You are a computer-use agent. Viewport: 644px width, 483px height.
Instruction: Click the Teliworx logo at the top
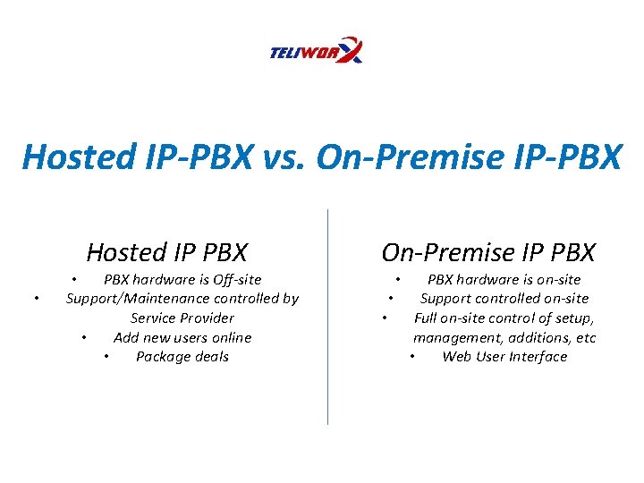pyautogui.click(x=316, y=51)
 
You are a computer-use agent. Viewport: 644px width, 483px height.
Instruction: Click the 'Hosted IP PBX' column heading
pyautogui.click(x=167, y=252)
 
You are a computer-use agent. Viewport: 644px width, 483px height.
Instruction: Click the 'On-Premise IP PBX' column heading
pyautogui.click(x=488, y=252)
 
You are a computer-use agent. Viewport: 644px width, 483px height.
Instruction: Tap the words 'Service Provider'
pyautogui.click(x=182, y=318)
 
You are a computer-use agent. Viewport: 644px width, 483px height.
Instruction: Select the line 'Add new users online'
pyautogui.click(x=182, y=337)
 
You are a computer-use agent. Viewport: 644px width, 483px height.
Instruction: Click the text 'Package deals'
pyautogui.click(x=182, y=357)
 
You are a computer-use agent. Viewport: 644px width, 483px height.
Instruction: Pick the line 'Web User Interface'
pyautogui.click(x=504, y=357)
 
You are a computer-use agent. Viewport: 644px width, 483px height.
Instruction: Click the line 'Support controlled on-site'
pyautogui.click(x=504, y=299)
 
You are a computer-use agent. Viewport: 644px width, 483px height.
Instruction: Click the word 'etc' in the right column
pyautogui.click(x=586, y=337)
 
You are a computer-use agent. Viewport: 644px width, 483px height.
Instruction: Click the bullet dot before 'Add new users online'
pyautogui.click(x=83, y=338)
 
